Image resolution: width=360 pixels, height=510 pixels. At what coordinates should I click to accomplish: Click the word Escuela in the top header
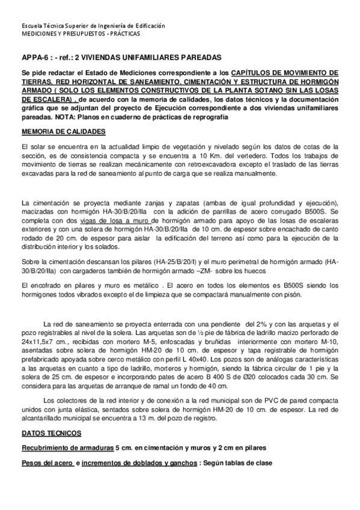pyautogui.click(x=31, y=26)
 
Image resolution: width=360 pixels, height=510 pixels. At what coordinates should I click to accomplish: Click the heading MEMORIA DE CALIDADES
pyautogui.click(x=63, y=131)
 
